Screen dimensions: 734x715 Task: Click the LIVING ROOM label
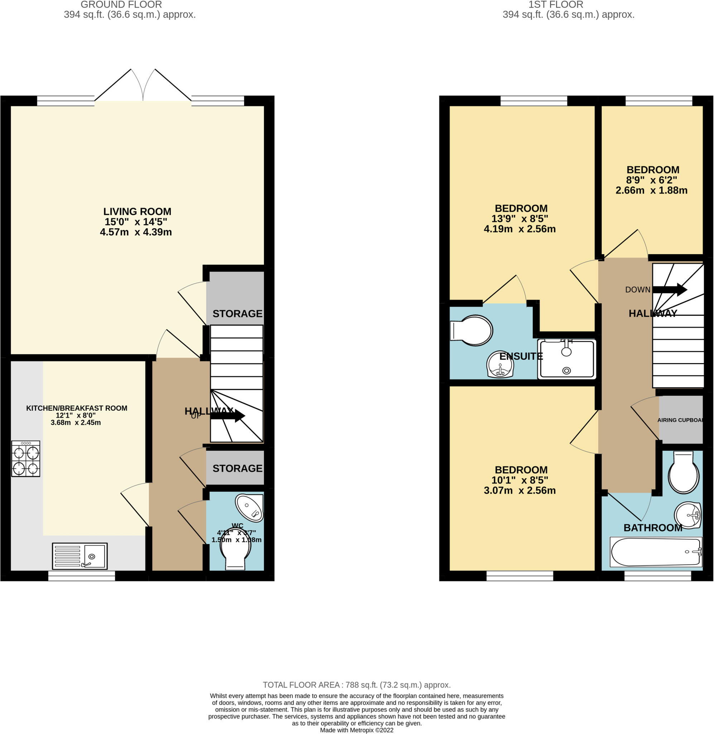pyautogui.click(x=137, y=211)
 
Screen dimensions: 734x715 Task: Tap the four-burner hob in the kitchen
pyautogui.click(x=25, y=458)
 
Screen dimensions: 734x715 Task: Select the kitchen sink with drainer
pyautogui.click(x=79, y=556)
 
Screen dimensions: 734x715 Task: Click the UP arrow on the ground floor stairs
pyautogui.click(x=228, y=416)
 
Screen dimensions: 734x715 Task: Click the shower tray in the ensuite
pyautogui.click(x=567, y=359)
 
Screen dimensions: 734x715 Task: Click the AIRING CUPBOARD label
pyautogui.click(x=680, y=420)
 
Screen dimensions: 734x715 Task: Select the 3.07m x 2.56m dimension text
pyautogui.click(x=520, y=490)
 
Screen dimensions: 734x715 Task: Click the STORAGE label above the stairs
pyautogui.click(x=237, y=314)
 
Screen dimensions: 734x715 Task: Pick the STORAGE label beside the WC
pyautogui.click(x=237, y=468)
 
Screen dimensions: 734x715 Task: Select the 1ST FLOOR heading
pyautogui.click(x=556, y=5)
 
